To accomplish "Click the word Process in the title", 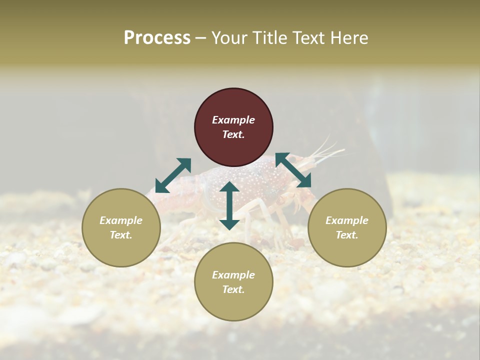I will point(157,38).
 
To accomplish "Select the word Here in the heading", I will point(349,38).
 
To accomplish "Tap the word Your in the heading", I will point(230,38).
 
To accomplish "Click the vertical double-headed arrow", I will point(229,205).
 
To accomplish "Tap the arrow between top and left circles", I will point(173,175).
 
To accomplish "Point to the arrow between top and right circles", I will point(293,170).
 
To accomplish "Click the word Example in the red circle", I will point(233,120).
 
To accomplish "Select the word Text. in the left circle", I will point(121,235).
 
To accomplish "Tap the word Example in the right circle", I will point(347,220).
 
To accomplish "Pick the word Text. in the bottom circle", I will point(233,289).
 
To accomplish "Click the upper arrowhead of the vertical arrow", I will point(229,186).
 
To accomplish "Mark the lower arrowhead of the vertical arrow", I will point(229,224).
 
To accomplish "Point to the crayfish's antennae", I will point(327,147).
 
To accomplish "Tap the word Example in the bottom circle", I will point(233,275).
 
